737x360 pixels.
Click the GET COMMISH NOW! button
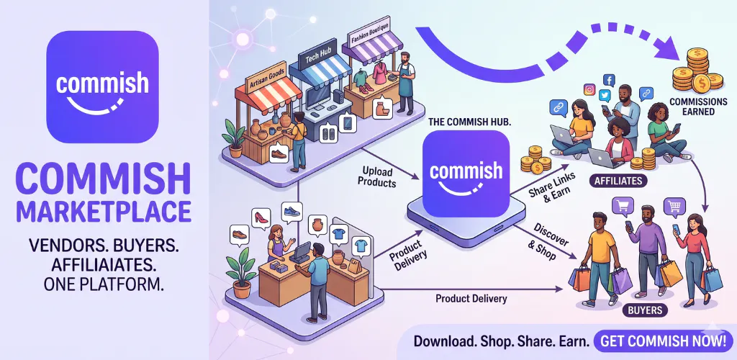click(663, 341)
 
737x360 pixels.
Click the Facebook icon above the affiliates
click(609, 80)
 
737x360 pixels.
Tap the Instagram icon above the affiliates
click(589, 89)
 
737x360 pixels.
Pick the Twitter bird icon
click(605, 96)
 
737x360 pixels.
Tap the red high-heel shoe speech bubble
click(261, 218)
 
